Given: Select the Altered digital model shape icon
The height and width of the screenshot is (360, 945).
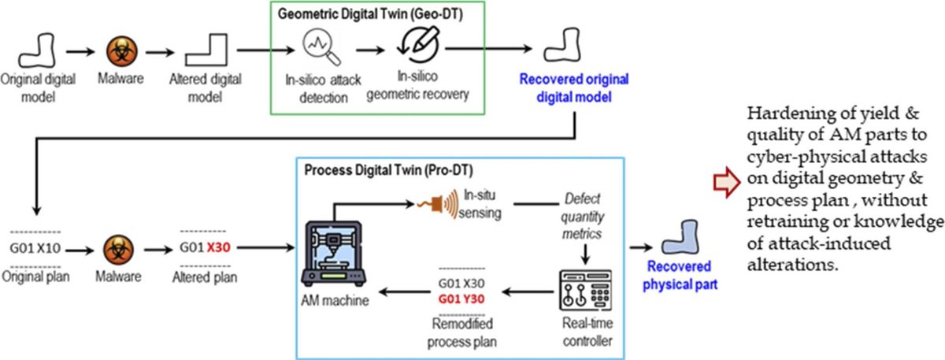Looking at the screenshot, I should point(204,53).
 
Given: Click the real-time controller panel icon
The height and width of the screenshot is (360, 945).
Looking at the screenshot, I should point(583,294).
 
